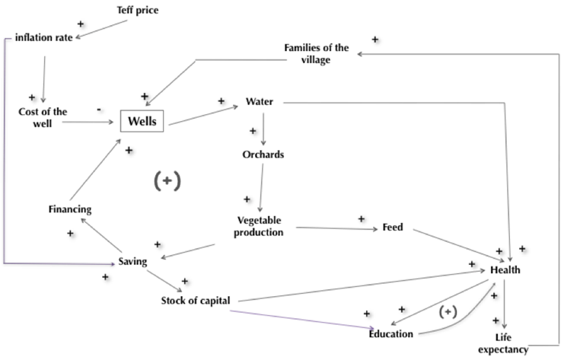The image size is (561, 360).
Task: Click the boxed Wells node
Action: (x=142, y=121)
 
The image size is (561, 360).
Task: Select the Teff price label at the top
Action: (x=138, y=11)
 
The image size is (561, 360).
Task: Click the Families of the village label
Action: (x=317, y=53)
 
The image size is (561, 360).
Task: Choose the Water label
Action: (x=259, y=101)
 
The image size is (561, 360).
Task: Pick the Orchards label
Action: (x=263, y=155)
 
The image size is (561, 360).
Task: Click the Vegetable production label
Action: (x=259, y=226)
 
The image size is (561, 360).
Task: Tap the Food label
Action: (x=393, y=228)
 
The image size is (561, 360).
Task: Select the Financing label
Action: (x=70, y=209)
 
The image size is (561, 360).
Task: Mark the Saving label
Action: (x=132, y=262)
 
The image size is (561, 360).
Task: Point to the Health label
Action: (x=505, y=270)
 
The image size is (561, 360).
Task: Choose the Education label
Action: (x=391, y=333)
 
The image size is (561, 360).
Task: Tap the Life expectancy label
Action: (x=503, y=343)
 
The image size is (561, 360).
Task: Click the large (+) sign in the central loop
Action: (x=169, y=180)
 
